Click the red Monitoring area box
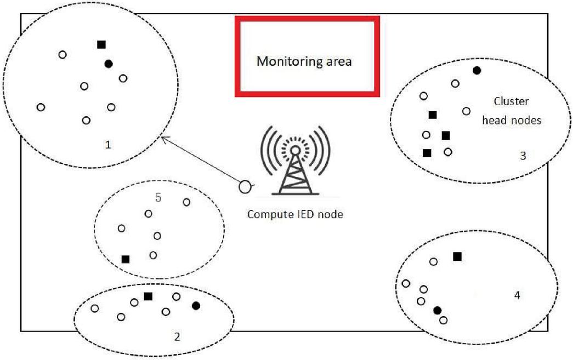307,56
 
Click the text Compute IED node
295,214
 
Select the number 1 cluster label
108,145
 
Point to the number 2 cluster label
177,336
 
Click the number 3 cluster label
523,156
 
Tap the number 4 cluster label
517,295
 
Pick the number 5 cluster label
158,197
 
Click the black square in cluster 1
101,44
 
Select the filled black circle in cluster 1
109,64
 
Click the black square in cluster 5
126,259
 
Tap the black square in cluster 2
148,296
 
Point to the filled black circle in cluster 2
196,306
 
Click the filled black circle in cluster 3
477,70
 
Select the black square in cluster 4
457,256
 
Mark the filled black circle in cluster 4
437,311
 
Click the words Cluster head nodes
511,111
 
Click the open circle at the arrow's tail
245,187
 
